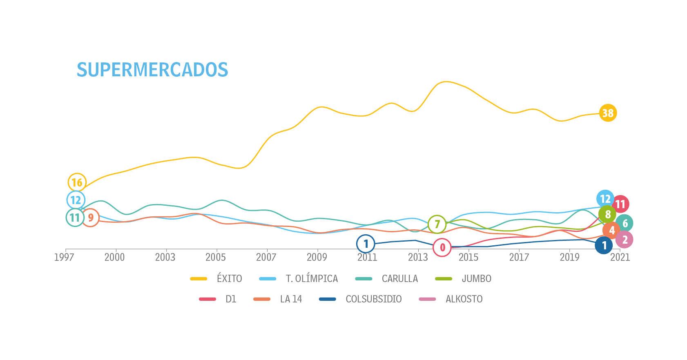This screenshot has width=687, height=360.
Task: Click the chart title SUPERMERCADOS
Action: click(x=152, y=70)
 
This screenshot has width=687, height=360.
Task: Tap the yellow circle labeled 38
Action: click(x=608, y=113)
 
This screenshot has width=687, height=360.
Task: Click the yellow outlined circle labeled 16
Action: click(x=77, y=182)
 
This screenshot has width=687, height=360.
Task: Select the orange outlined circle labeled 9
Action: click(x=91, y=218)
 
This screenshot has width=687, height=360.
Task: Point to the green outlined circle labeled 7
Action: click(x=437, y=224)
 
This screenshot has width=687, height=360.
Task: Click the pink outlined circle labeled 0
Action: click(x=442, y=247)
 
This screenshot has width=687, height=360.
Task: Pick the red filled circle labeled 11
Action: click(x=620, y=204)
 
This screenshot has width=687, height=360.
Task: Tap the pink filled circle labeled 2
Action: click(x=625, y=240)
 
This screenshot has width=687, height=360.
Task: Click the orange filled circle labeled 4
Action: click(x=611, y=230)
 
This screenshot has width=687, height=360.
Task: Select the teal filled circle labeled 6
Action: click(x=625, y=223)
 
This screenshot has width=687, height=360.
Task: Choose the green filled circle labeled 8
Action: click(x=607, y=214)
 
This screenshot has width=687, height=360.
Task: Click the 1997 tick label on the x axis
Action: click(x=64, y=257)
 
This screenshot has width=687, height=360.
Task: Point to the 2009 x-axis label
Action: click(x=317, y=257)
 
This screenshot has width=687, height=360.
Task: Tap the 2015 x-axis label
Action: click(x=468, y=257)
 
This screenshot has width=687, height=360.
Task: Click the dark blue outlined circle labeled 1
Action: click(x=366, y=244)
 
